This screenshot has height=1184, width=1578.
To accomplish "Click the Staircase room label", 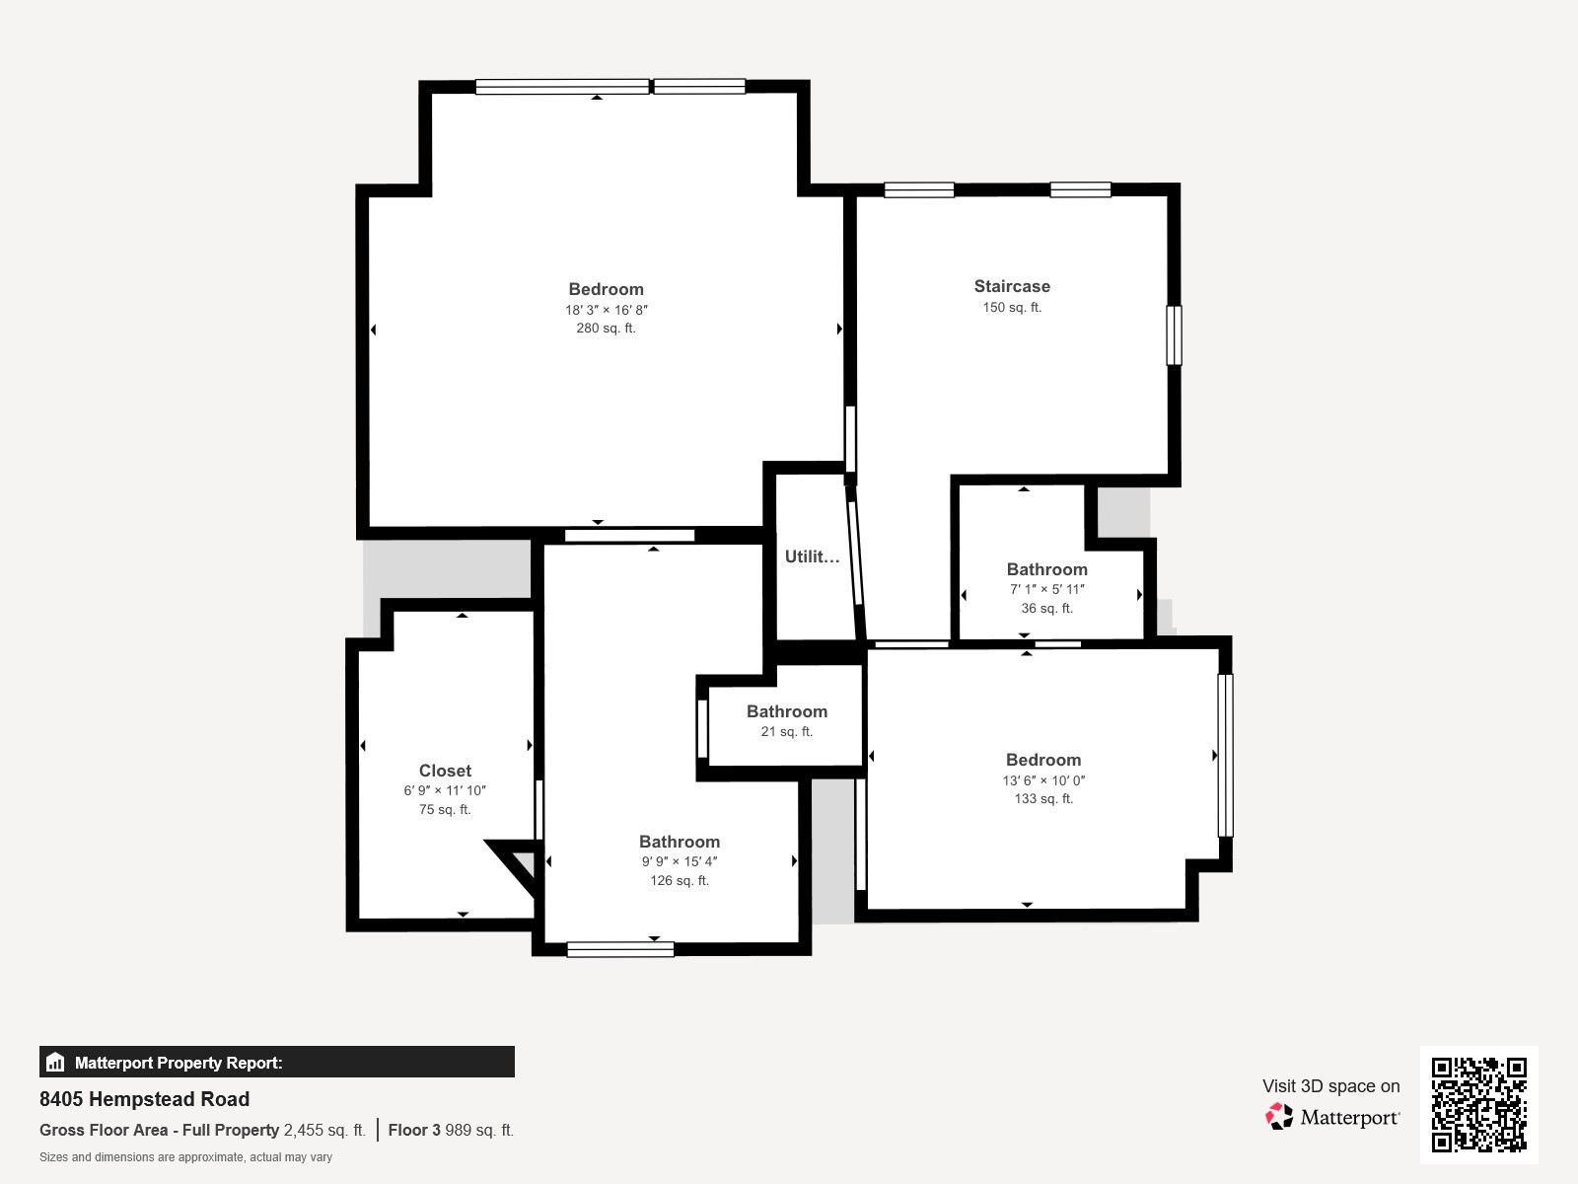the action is (1012, 286).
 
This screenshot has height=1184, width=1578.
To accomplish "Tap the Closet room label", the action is (445, 771).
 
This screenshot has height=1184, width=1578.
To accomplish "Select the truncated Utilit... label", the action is (812, 556).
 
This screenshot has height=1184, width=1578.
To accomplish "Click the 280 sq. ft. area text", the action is (606, 328).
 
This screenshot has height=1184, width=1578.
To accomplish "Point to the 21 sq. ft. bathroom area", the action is (786, 731).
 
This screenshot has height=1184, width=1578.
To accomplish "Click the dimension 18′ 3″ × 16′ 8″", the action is (606, 310).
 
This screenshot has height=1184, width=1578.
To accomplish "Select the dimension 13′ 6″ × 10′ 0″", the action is (1043, 780).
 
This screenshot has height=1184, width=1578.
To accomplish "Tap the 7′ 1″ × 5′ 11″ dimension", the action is (1046, 589).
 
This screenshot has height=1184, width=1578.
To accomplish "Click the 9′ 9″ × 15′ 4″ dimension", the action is (680, 861).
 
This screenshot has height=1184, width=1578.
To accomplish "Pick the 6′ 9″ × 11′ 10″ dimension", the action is (445, 790).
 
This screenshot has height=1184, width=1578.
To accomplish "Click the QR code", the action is (1478, 1105).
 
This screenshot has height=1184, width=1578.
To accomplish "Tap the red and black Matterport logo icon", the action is (1279, 1117).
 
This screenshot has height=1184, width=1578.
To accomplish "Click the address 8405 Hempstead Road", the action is (145, 1099).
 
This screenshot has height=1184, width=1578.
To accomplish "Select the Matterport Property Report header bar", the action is (277, 1062).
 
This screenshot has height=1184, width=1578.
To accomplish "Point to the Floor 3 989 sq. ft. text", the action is (451, 1130).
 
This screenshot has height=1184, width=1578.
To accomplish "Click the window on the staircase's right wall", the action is (1174, 335).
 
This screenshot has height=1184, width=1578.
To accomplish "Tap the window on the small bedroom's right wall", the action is (1225, 756).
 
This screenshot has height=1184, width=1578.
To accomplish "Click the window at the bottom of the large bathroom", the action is (620, 949).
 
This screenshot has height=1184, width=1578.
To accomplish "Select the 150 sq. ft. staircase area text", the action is (1012, 307).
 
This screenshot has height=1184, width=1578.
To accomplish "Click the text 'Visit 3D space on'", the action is (1330, 1086).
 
